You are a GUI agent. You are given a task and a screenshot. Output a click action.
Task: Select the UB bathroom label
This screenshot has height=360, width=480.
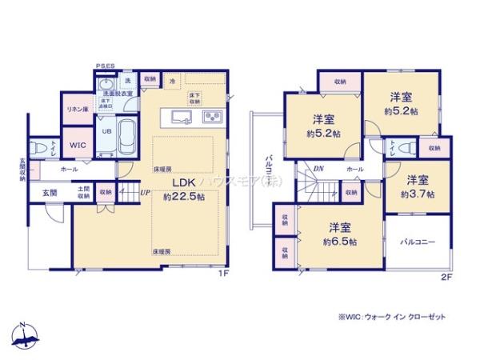click(x=105, y=131)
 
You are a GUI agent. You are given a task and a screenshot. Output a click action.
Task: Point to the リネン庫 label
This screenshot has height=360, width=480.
click(x=78, y=109)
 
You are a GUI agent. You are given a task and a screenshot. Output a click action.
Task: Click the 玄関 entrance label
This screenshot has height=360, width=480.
click(x=46, y=193)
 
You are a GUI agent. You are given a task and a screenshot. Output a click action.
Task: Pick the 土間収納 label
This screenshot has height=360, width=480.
click(x=83, y=192)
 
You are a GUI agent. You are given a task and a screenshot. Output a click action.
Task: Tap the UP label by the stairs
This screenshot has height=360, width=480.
click(x=145, y=193)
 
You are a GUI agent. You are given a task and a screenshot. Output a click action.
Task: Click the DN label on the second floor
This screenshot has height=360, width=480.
click(x=318, y=169)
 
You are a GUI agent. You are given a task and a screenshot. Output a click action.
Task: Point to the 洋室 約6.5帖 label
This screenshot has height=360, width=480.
click(x=340, y=232)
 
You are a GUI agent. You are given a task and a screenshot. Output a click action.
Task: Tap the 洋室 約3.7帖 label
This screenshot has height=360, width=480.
click(x=418, y=187)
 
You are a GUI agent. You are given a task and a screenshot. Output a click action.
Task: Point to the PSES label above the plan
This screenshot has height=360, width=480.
click(x=105, y=66)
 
